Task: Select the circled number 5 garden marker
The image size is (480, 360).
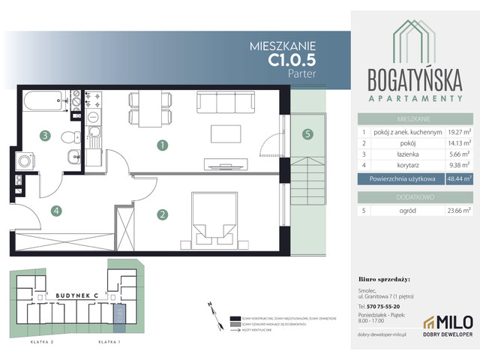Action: click(307, 135)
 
